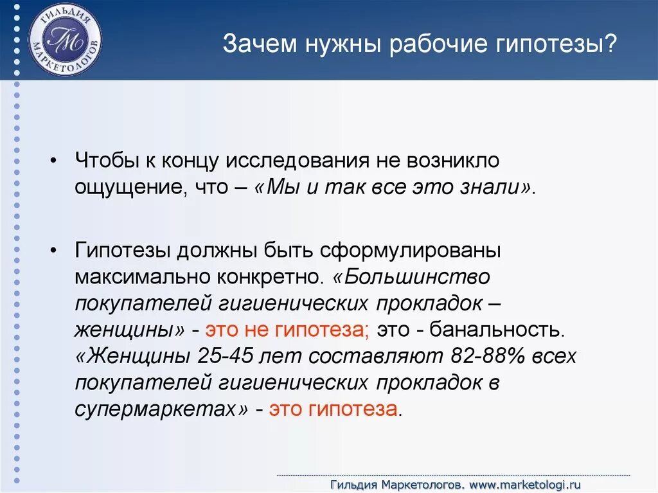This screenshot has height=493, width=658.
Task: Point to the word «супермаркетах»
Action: (x=161, y=409)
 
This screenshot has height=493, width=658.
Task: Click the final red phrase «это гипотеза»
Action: (x=333, y=409)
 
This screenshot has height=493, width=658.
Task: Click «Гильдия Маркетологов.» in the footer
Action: (x=397, y=483)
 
